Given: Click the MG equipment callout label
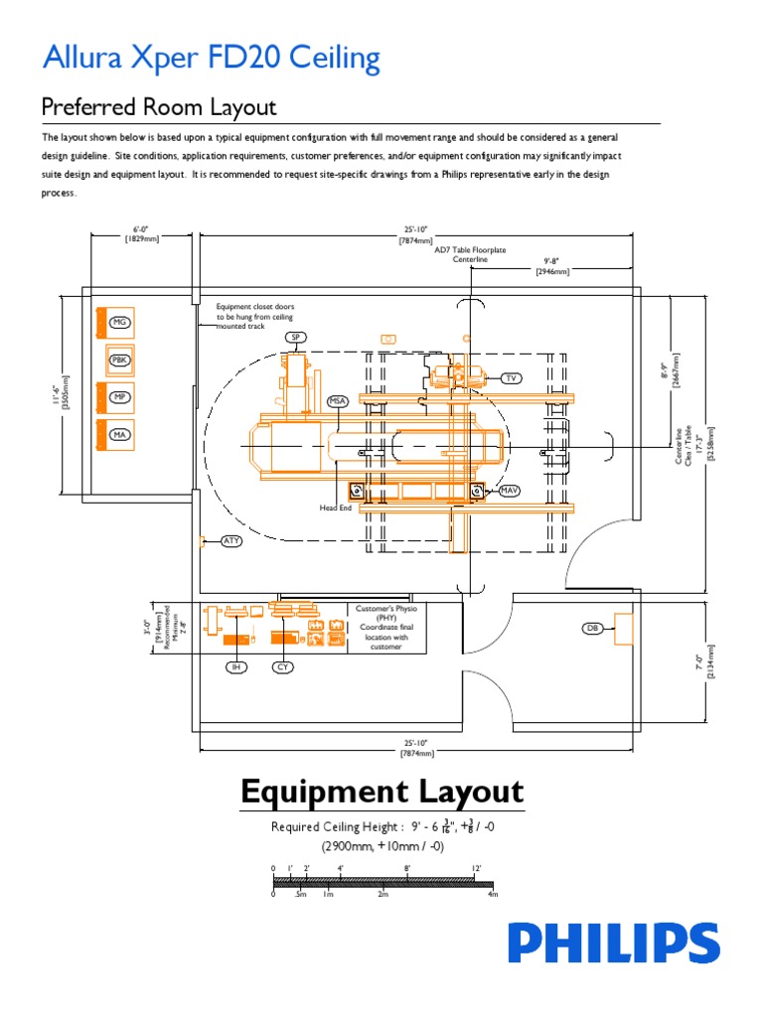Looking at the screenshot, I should coord(120,323).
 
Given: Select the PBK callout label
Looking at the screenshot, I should coord(120,360).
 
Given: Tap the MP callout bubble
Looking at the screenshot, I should coord(120,397).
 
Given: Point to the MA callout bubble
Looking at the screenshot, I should coord(120,434).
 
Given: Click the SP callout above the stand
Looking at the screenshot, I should coord(296,338).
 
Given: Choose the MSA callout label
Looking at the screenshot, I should coord(339,401).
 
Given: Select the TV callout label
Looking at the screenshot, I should coord(511,378).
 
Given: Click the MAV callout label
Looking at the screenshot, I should coord(509,491).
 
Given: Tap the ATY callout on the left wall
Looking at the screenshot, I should coord(230,541).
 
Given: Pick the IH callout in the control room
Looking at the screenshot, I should coord(235,667).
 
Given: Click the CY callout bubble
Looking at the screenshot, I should coord(283,667).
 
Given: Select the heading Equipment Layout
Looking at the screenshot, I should coord(381,792).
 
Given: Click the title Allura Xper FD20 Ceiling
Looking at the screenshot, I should coord(211,59).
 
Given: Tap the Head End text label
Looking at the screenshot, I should coord(336,508).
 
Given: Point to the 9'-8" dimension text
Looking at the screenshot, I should coord(552,264).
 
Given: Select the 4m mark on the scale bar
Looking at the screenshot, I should coord(491,894).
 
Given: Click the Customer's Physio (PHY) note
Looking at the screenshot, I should coord(384,627).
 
